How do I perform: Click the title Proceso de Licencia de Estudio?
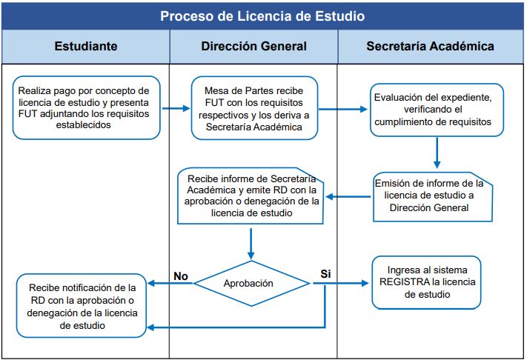click(262, 16)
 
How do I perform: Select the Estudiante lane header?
click(86, 47)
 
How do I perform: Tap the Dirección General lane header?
click(253, 47)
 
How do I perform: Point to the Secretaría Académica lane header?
click(430, 47)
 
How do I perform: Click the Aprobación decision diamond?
click(251, 284)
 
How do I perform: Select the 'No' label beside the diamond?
click(181, 276)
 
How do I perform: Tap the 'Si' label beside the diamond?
click(325, 274)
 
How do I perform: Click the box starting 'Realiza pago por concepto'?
click(87, 107)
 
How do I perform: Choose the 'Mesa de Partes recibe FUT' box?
click(254, 108)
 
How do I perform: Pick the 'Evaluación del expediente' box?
click(437, 110)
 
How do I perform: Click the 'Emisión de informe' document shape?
click(433, 196)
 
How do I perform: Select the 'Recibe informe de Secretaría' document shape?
click(251, 196)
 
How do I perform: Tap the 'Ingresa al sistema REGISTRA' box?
click(426, 282)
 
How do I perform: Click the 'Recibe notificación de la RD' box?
click(82, 306)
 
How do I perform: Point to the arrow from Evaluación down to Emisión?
click(437, 153)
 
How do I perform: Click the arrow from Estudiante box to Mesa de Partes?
click(176, 108)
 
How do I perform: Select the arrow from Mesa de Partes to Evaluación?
click(343, 109)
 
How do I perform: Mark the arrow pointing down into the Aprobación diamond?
click(251, 244)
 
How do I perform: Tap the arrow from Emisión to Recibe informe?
click(348, 196)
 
